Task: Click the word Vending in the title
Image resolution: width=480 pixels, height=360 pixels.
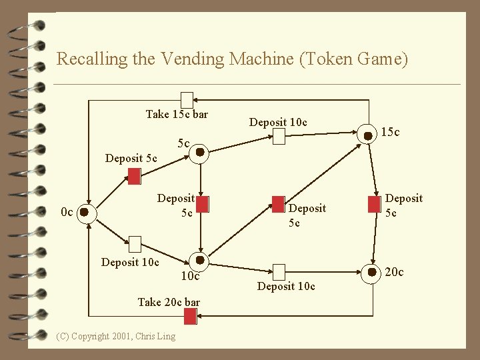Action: (190, 59)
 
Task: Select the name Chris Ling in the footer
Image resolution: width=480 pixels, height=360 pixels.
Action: (155, 336)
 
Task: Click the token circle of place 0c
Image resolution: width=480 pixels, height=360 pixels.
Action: (85, 213)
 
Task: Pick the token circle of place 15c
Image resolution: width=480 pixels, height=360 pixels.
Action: (367, 135)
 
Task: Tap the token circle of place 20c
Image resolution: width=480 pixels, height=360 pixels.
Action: (367, 271)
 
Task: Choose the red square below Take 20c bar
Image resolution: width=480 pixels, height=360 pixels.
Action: (189, 317)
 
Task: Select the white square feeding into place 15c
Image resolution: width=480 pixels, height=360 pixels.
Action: (279, 137)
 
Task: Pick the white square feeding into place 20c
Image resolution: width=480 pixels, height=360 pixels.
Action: (279, 271)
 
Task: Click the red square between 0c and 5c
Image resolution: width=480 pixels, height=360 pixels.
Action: (134, 175)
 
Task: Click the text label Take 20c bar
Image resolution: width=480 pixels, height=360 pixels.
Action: (168, 302)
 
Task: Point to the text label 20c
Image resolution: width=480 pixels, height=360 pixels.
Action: (394, 271)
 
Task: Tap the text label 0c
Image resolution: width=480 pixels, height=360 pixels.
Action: (67, 213)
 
